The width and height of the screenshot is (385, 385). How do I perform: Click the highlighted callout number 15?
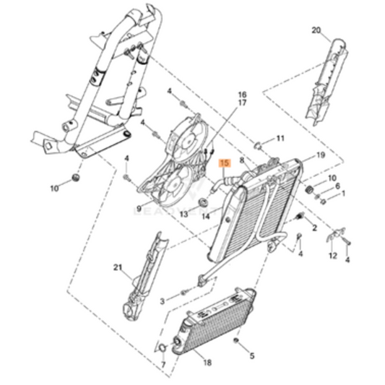[x=225, y=164]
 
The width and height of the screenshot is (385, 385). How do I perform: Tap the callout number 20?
[x=315, y=30]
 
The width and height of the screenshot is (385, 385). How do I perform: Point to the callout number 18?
[x=207, y=362]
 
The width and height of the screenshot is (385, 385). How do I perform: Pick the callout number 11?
[x=280, y=138]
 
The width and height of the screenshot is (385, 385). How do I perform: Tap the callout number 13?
[x=183, y=215]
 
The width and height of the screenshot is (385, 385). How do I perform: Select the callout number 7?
[x=163, y=365]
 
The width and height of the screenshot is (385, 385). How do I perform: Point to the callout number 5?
[x=252, y=355]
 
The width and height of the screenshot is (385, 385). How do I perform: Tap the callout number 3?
[x=163, y=299]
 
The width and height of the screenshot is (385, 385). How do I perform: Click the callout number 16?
[x=242, y=95]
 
